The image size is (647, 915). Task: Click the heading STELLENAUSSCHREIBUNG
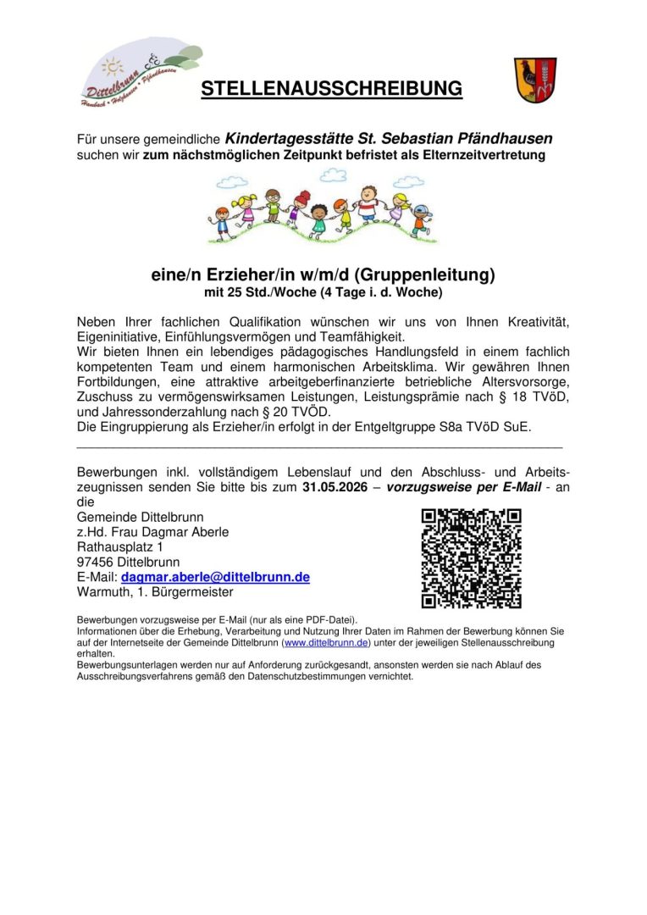click(x=332, y=89)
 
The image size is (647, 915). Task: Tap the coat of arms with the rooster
click(x=535, y=80)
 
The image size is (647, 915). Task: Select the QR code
click(x=471, y=558)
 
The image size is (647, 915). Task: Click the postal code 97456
click(x=95, y=562)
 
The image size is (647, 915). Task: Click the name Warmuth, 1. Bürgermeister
click(x=155, y=592)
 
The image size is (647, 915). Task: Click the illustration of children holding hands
click(x=323, y=208)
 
